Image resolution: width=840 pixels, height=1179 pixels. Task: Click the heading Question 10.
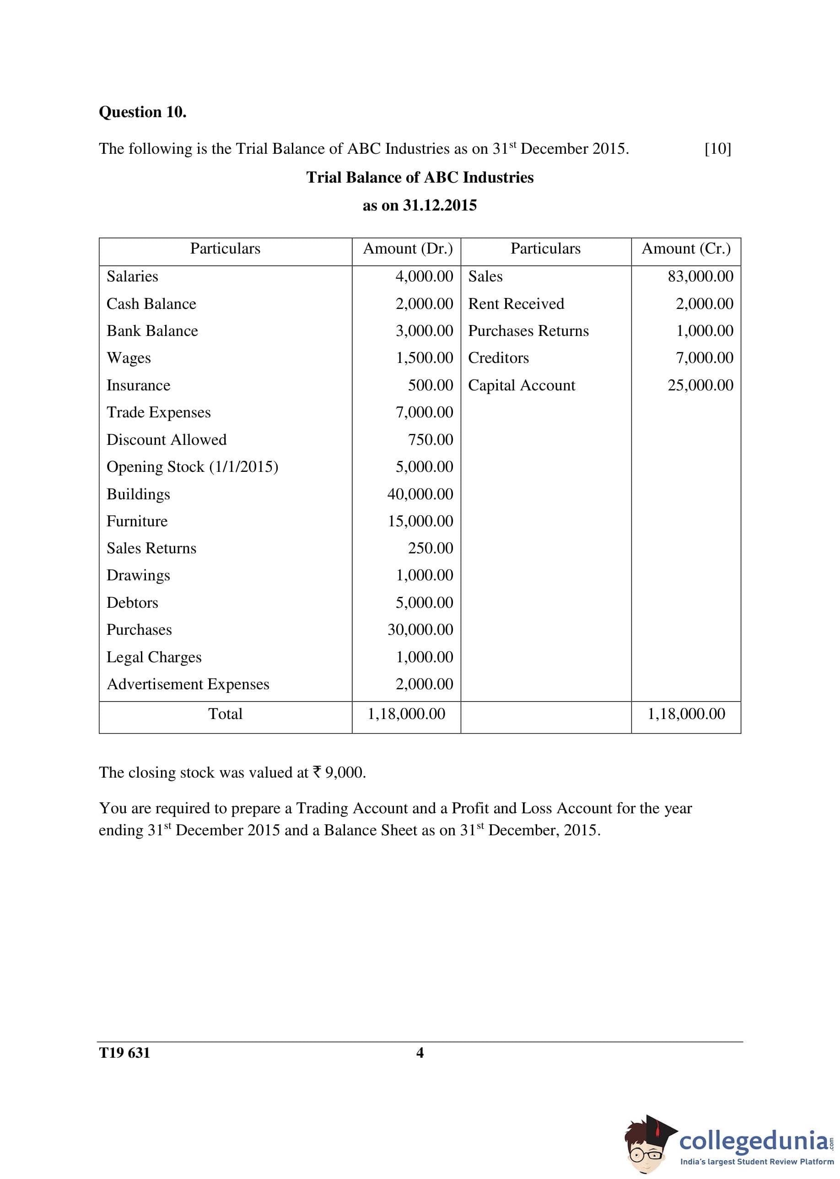[142, 112]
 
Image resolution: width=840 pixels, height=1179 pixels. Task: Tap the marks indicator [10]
[717, 149]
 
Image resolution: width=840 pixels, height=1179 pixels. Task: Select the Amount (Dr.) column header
[408, 249]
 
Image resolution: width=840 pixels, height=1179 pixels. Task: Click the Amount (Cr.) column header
[686, 249]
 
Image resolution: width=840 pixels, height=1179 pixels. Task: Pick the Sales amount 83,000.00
[700, 276]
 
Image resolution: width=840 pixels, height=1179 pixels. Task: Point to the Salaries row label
[132, 276]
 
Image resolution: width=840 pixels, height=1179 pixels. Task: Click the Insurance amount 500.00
[431, 385]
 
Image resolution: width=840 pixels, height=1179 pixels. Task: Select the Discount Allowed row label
[167, 440]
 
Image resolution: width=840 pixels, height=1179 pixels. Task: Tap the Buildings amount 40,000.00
[420, 494]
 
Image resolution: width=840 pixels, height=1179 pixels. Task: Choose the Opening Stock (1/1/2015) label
[193, 467]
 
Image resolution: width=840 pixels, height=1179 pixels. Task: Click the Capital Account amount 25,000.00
[700, 385]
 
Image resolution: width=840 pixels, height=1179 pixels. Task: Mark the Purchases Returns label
[528, 331]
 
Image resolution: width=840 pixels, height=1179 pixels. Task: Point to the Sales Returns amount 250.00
[431, 548]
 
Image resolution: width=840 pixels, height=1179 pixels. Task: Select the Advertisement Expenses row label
[188, 684]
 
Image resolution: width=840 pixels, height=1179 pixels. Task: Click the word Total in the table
[225, 714]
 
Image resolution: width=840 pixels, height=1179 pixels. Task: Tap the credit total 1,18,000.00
[686, 714]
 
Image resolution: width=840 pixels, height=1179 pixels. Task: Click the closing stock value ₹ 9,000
[339, 773]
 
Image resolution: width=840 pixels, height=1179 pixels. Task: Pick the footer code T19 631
[124, 1053]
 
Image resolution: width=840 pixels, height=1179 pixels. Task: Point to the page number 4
[420, 1053]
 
